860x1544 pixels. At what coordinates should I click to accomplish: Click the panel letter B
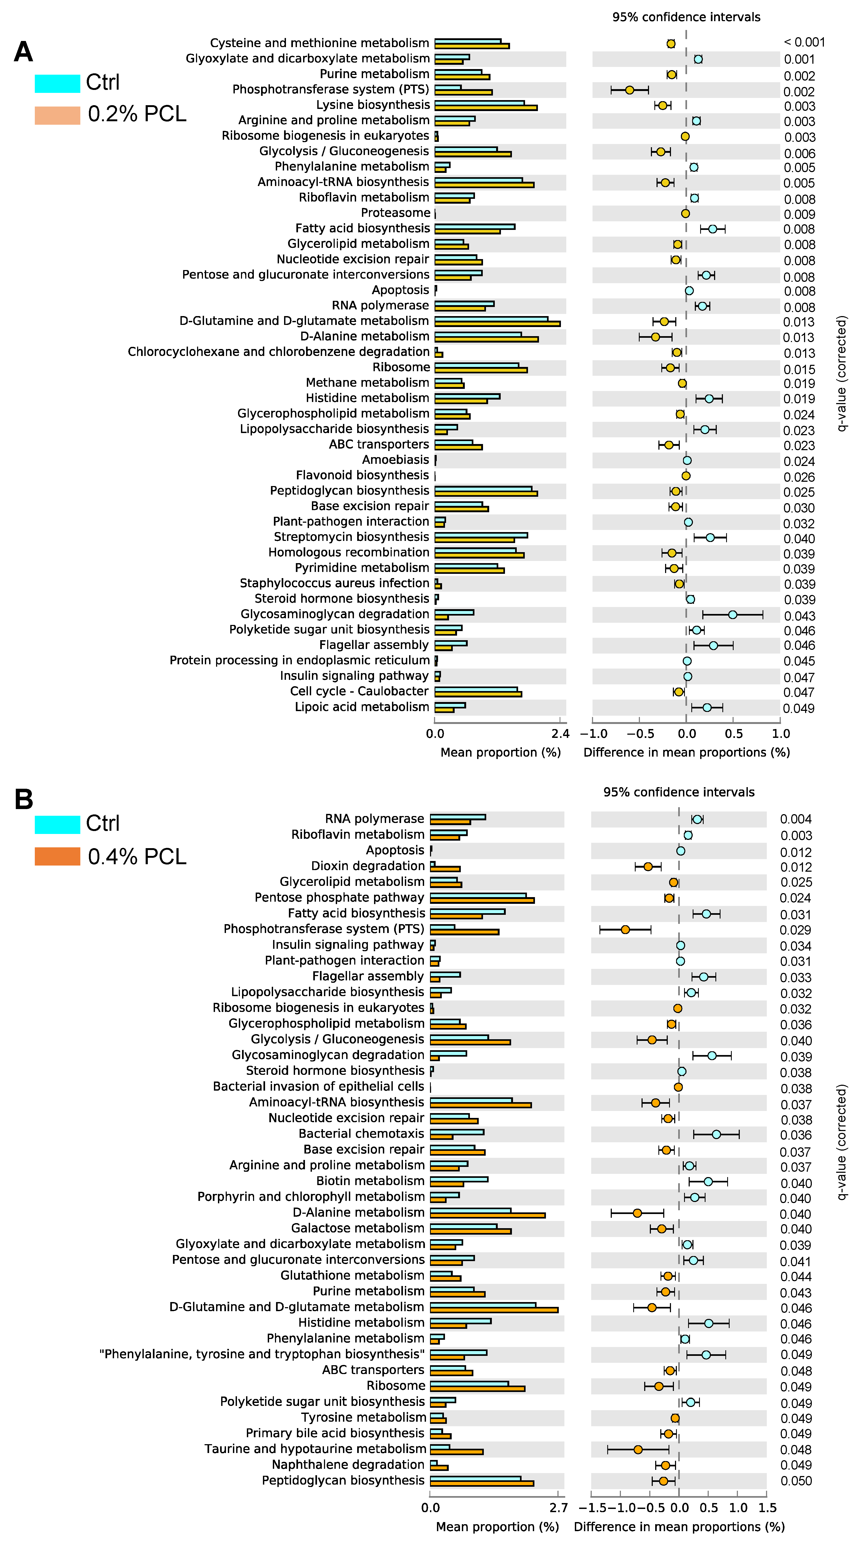[x=23, y=799]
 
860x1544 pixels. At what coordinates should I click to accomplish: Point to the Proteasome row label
[x=395, y=213]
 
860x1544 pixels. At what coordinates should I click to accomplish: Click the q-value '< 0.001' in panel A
[x=804, y=42]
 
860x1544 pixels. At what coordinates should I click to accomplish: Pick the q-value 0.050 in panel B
[x=796, y=1481]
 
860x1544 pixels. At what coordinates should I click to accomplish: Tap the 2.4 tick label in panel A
[x=560, y=734]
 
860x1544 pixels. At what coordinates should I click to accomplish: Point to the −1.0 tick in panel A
[x=594, y=734]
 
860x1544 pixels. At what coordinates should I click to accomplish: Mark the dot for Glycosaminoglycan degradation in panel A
[x=732, y=614]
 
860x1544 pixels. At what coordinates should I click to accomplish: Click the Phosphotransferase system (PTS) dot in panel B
[x=625, y=930]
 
